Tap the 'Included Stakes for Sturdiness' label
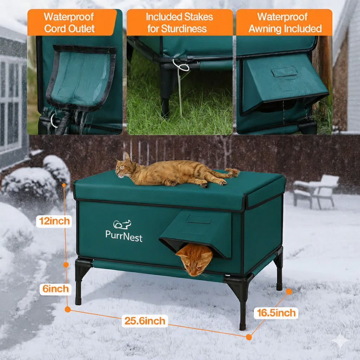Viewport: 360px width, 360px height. pos(179,22)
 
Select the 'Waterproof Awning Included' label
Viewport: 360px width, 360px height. pos(284,22)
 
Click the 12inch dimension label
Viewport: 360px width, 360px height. pos(54,221)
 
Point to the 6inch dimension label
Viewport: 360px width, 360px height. pos(55,289)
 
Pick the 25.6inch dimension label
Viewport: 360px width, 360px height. pos(144,321)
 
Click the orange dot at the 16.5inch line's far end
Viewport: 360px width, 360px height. pos(289,291)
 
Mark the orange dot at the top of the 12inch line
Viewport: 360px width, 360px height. pos(64,185)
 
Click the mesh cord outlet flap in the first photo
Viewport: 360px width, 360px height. pos(82,76)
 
